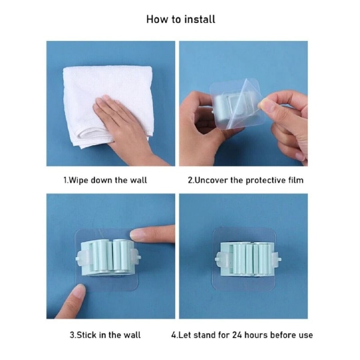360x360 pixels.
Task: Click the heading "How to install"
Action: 180,19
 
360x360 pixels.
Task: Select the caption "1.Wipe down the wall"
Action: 105,180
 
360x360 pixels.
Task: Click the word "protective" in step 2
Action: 264,180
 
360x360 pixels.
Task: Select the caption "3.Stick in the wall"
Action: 105,335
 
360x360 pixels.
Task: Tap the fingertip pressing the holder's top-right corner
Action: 137,234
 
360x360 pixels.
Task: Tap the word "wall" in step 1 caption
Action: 139,180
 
